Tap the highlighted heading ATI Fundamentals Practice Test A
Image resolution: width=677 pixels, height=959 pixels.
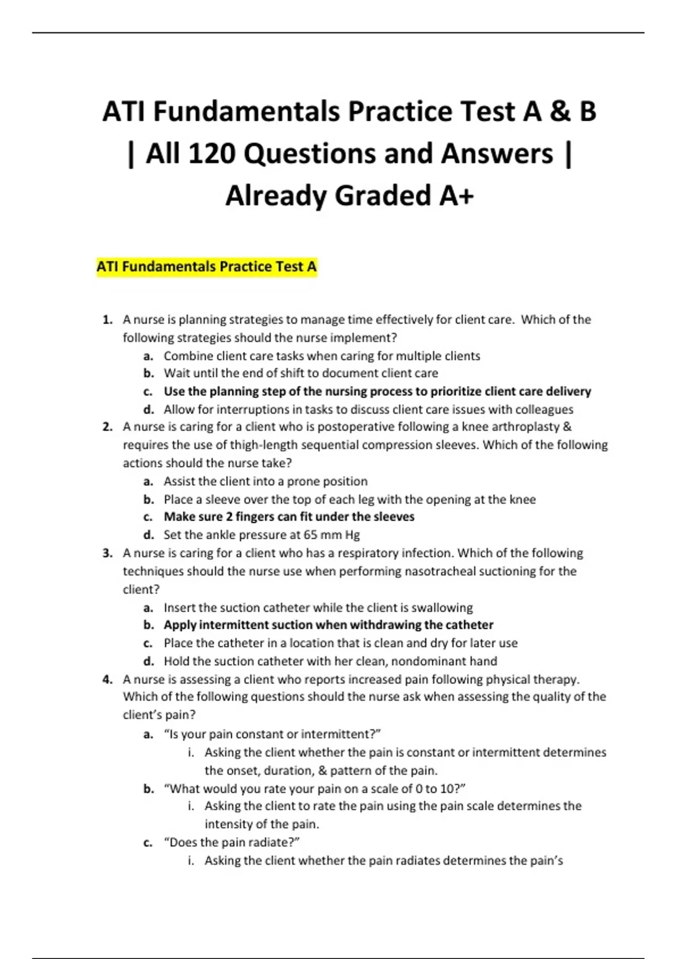click(x=206, y=266)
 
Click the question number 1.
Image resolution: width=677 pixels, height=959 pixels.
click(x=107, y=320)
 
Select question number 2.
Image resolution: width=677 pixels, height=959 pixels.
click(x=107, y=427)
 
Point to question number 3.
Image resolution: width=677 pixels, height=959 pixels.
click(x=107, y=553)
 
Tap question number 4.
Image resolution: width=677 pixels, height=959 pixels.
click(x=107, y=680)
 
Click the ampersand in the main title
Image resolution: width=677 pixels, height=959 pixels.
click(x=557, y=111)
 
